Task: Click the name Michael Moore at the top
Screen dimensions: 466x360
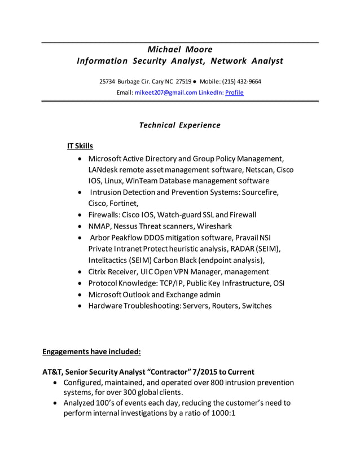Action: [179, 49]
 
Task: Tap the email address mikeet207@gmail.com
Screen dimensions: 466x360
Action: [165, 92]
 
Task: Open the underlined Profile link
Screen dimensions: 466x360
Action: [234, 92]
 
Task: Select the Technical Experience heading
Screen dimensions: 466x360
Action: [179, 125]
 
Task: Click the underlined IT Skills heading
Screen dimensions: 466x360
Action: [80, 146]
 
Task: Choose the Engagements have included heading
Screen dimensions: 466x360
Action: [91, 351]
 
